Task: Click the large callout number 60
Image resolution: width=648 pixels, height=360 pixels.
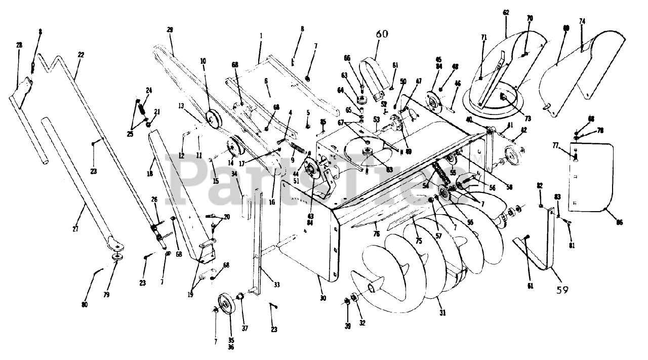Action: click(x=382, y=34)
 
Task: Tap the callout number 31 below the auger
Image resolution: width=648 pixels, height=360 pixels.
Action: click(x=442, y=313)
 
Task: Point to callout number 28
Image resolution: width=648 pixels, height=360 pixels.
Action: click(x=19, y=46)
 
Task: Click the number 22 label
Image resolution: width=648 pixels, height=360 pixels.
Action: click(x=81, y=55)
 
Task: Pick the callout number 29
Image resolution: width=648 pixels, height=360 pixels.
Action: click(x=170, y=30)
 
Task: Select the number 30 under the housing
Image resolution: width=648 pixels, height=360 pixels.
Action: click(x=323, y=298)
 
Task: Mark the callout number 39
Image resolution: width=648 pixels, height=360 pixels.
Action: click(x=347, y=327)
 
